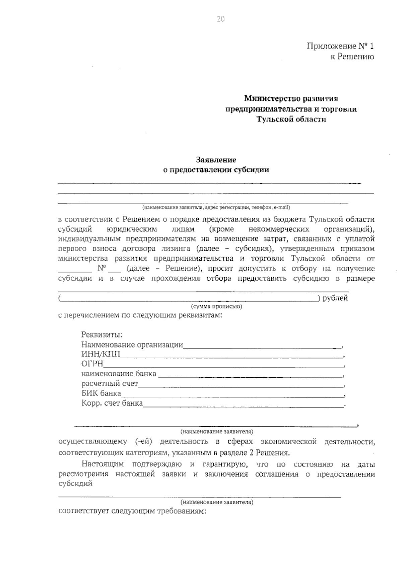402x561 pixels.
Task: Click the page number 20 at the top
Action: click(x=221, y=19)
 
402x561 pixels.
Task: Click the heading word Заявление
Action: click(x=216, y=160)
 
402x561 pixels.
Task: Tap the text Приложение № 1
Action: click(x=340, y=46)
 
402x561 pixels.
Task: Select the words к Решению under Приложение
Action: click(x=352, y=57)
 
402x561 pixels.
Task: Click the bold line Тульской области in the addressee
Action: click(x=291, y=119)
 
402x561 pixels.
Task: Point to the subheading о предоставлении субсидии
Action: click(x=216, y=170)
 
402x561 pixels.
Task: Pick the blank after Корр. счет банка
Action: click(x=243, y=405)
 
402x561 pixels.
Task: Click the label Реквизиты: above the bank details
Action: click(x=102, y=335)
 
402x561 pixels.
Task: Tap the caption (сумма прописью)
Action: click(x=216, y=306)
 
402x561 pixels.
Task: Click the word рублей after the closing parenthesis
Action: click(x=335, y=298)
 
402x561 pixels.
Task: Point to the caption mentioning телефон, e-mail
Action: click(x=216, y=207)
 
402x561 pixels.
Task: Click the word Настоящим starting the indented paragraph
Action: click(x=103, y=464)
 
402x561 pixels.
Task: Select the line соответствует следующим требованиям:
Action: click(x=132, y=511)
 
